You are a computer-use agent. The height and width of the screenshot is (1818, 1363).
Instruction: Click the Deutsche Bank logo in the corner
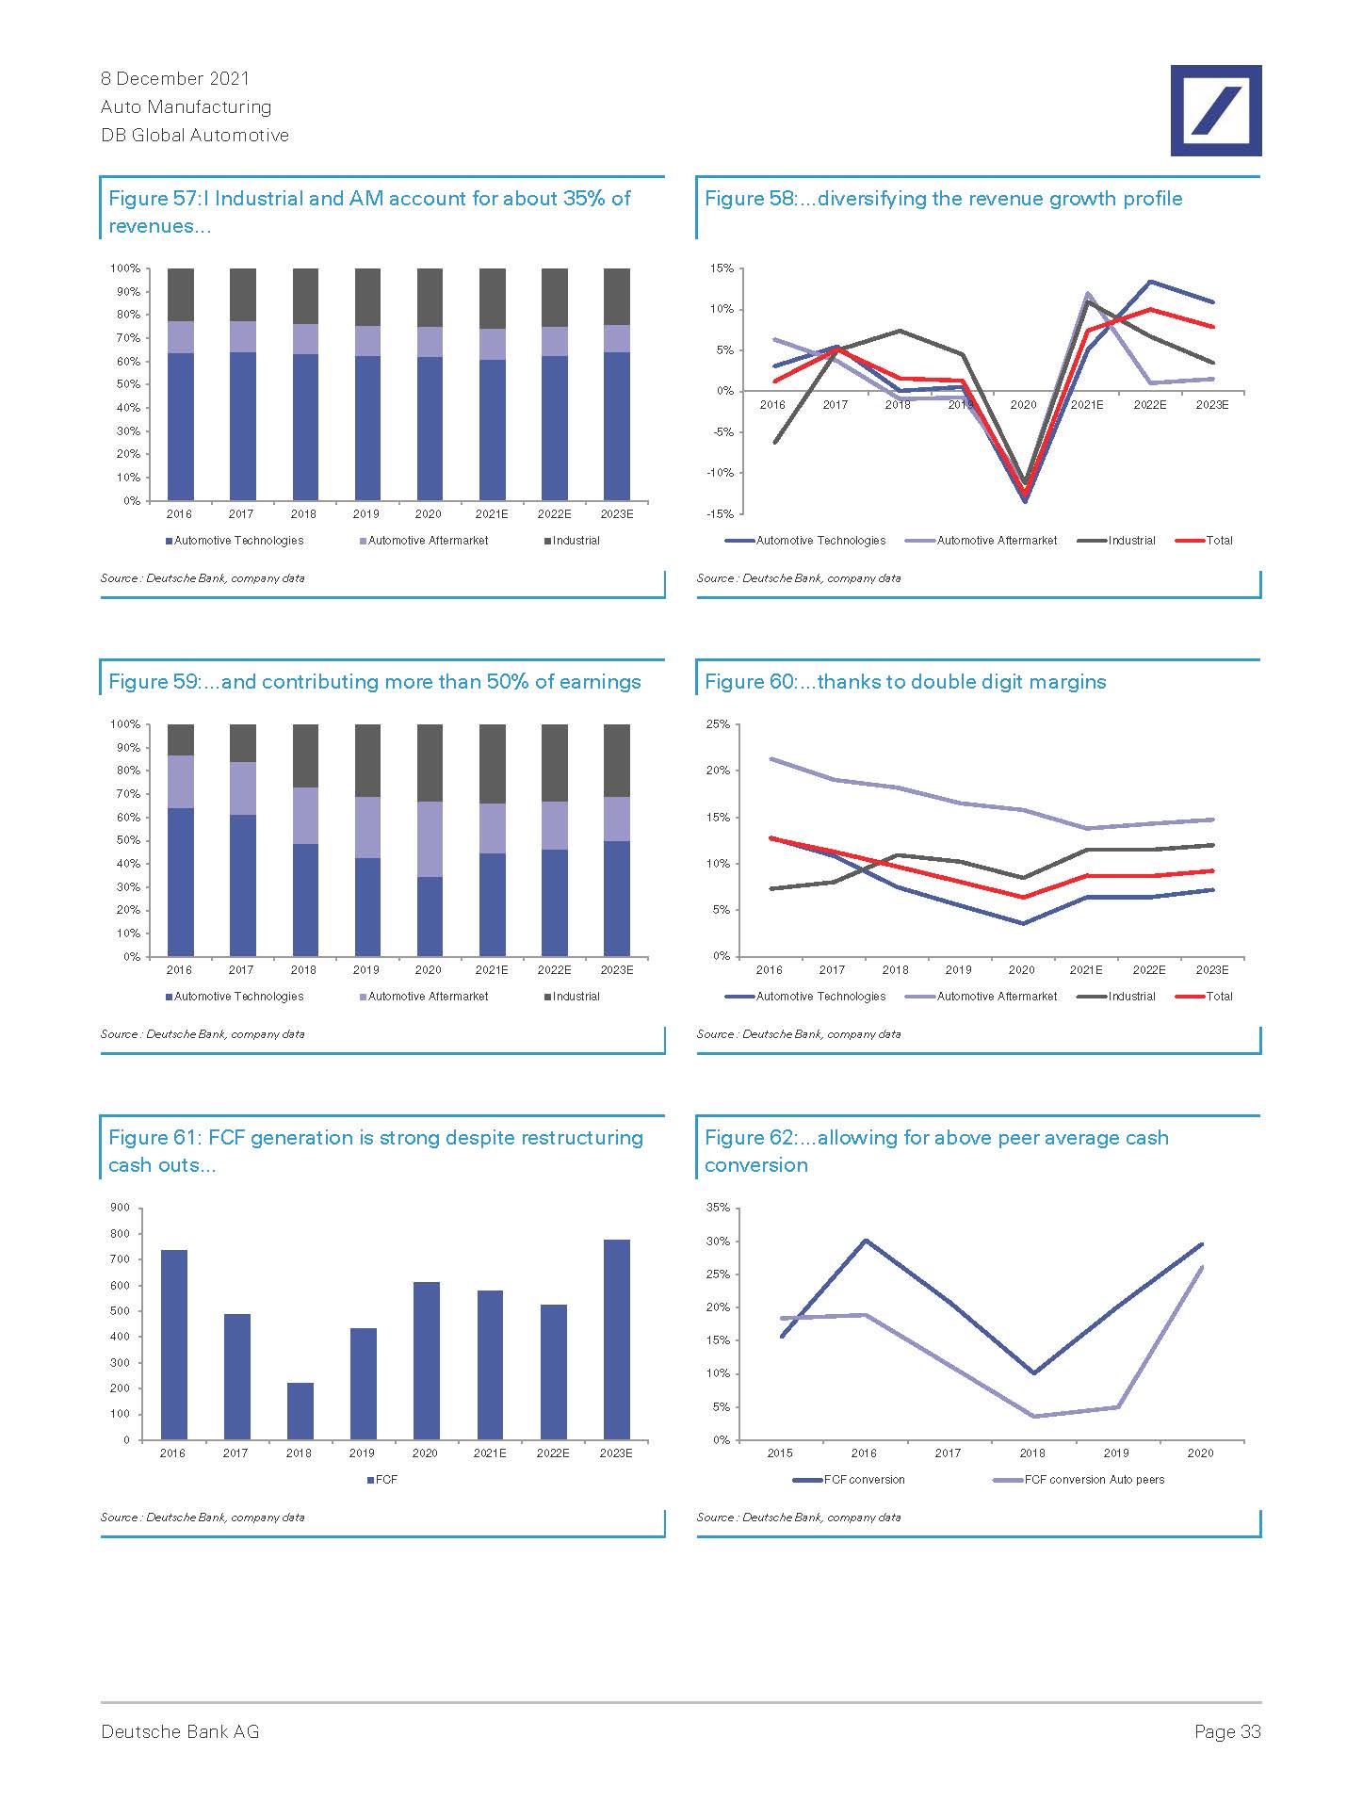1215,110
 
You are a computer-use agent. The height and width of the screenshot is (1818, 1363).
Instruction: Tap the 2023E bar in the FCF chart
616,1339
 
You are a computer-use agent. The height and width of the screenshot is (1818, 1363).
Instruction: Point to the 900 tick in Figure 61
121,1207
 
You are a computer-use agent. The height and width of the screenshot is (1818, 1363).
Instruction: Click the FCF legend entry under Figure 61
382,1479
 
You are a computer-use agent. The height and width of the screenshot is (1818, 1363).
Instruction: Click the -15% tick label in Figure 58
722,513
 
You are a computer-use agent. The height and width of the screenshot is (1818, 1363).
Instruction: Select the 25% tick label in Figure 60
718,723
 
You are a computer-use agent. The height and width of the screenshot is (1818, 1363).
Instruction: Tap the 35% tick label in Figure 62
718,1207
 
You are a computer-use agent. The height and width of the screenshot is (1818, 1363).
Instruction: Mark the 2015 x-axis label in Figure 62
780,1453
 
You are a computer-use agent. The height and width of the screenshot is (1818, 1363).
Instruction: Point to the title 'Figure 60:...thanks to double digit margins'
905,681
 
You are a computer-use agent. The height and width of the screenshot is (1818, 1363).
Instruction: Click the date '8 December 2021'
175,78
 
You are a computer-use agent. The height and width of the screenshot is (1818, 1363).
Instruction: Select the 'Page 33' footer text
1226,1731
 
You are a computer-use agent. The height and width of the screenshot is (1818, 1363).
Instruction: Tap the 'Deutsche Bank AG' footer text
180,1731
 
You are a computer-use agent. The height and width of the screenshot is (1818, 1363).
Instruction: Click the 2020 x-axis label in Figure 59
429,969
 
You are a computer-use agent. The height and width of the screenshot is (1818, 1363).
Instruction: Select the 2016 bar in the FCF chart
174,1344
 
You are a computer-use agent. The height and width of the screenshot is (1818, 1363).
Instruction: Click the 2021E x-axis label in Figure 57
492,513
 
